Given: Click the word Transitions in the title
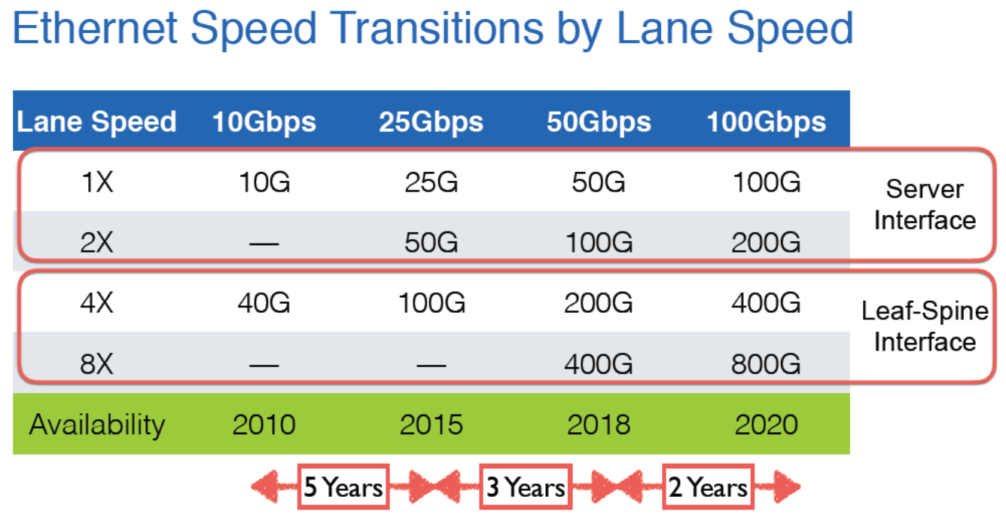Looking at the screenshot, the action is coord(437,28).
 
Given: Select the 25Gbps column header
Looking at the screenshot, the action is coord(431,122).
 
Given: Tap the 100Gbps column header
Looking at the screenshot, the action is coord(767,122).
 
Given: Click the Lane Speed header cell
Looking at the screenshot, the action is coord(96,122).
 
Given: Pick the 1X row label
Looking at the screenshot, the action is coord(97,182).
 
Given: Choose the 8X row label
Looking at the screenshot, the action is coord(96,364).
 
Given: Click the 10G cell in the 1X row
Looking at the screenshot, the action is coord(264,182).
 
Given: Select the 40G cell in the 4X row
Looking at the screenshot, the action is coord(264,302).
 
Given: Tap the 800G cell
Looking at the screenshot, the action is coord(766,364).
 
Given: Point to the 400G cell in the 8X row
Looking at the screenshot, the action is coord(599,364).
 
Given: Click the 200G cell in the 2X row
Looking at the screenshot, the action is coord(766,243).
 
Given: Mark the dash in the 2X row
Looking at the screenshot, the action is coord(264,244).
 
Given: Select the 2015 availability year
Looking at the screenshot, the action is coord(431,424).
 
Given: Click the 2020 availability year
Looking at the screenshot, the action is coord(767,424).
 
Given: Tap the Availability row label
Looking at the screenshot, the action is coord(97,425).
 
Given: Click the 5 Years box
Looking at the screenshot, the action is coord(343,486).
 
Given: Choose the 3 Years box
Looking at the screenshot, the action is coord(526,486).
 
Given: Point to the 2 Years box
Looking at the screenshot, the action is coord(708,486).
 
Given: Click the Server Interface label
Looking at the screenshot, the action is coord(925,204).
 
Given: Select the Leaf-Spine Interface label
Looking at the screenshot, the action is coord(925,326).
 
